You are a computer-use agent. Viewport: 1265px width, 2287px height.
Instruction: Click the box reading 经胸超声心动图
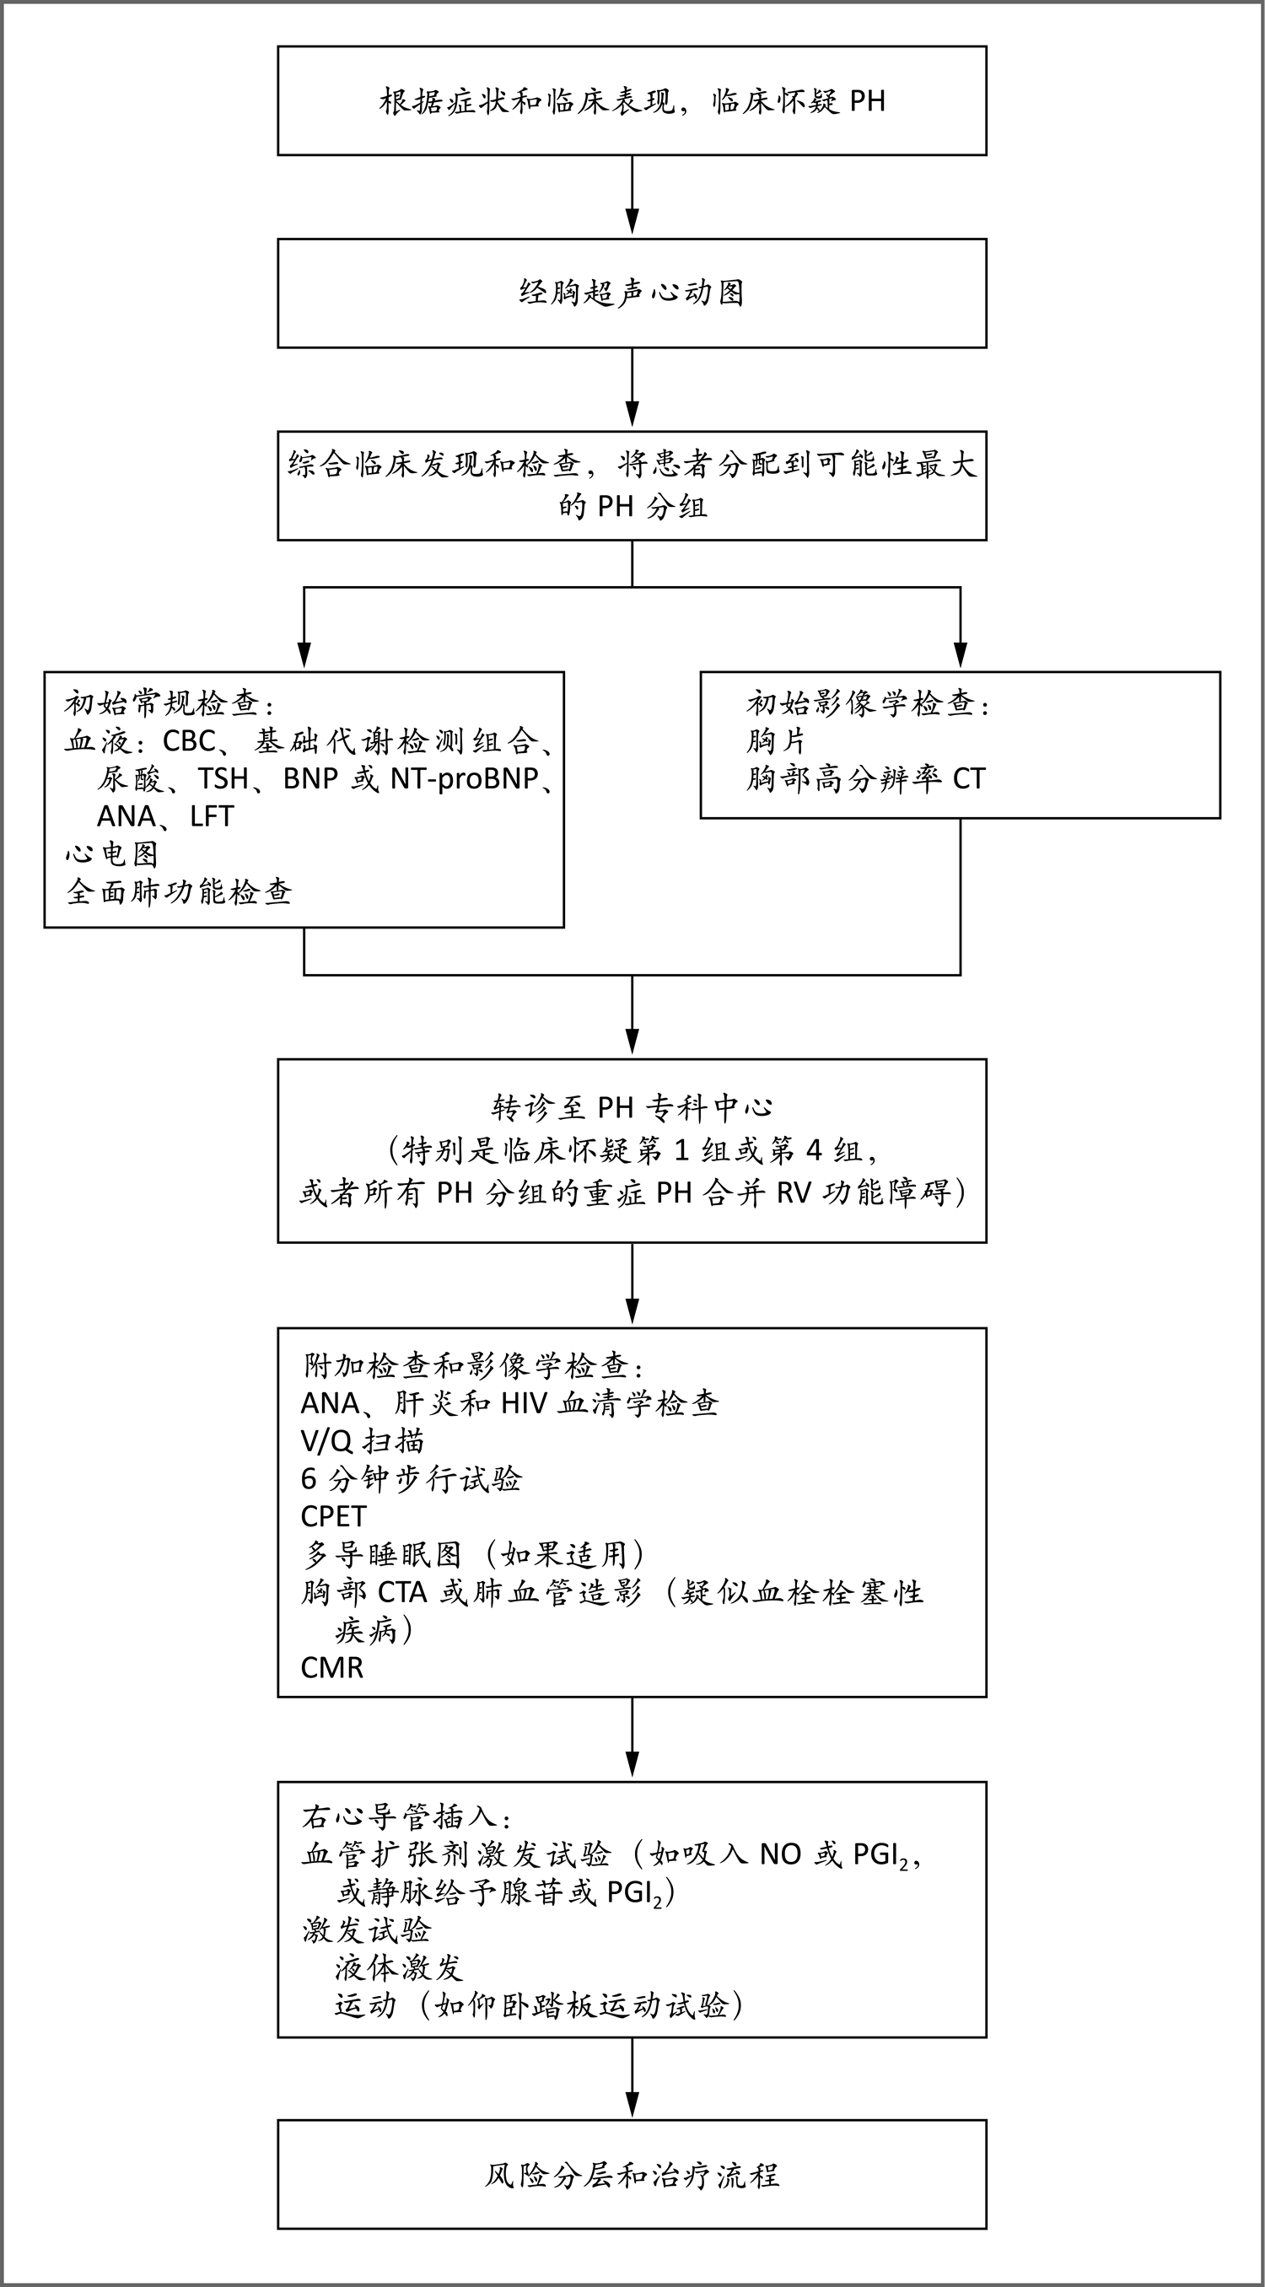click(x=632, y=293)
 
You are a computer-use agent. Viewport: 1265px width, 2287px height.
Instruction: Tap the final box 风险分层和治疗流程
click(x=632, y=2174)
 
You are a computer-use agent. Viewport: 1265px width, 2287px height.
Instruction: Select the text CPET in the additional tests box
click(x=334, y=1516)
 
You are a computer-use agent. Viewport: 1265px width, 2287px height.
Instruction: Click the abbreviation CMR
click(x=332, y=1667)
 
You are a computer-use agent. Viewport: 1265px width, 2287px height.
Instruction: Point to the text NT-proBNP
click(x=465, y=778)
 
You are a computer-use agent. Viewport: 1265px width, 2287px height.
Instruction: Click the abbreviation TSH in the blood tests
click(x=223, y=778)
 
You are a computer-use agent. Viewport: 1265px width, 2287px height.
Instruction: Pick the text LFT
click(x=213, y=816)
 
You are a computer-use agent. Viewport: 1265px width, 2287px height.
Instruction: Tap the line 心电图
click(x=112, y=854)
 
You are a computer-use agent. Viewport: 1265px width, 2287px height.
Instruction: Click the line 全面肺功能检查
click(x=180, y=891)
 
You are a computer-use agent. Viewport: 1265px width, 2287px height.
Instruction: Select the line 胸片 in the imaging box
click(x=776, y=740)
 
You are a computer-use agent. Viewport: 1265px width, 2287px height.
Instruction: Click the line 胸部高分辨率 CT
click(x=865, y=778)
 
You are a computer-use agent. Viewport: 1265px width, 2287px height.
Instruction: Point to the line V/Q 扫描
click(x=362, y=1441)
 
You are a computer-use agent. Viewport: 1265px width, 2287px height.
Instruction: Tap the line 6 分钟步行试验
click(x=411, y=1478)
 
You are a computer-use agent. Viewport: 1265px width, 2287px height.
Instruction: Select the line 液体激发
click(x=399, y=1968)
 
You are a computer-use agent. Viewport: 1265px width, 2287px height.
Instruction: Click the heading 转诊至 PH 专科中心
click(x=632, y=1107)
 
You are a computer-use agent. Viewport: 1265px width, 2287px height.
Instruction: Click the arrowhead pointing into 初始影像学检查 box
click(x=961, y=655)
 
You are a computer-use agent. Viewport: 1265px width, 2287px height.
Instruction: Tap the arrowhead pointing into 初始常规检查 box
click(x=304, y=655)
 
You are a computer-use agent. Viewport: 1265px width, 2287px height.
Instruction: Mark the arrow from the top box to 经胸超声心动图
click(x=632, y=196)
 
